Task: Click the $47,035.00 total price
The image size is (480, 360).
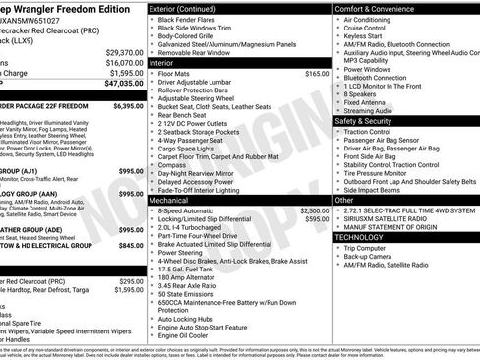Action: [122, 85]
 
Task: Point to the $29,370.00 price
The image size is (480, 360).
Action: [124, 52]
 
